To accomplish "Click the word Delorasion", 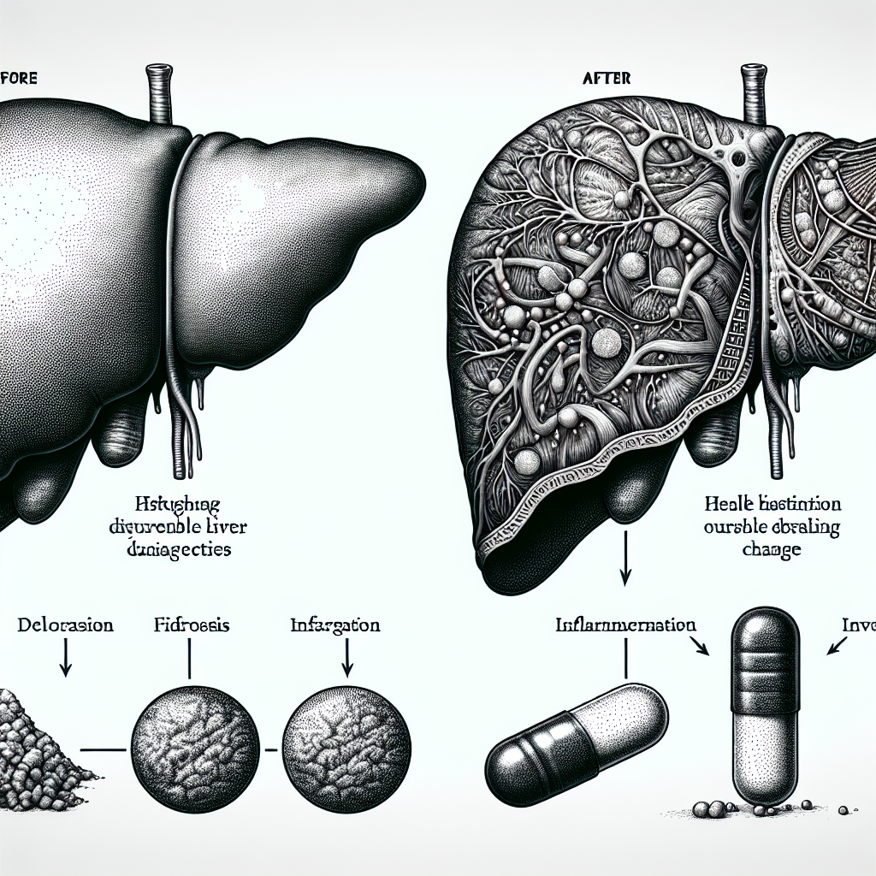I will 65,625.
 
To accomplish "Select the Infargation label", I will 335,625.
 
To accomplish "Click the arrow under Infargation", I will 347,660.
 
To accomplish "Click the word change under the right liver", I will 772,549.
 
